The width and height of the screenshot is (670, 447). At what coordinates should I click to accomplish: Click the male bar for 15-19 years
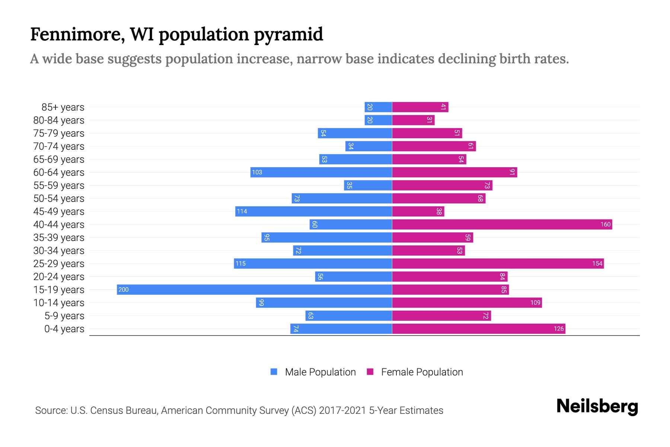(x=254, y=289)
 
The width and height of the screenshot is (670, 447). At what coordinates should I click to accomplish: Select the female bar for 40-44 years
(x=502, y=224)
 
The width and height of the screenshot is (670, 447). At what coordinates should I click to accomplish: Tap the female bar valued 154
(x=498, y=263)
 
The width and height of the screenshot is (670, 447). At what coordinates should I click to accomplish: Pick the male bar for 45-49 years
(x=313, y=211)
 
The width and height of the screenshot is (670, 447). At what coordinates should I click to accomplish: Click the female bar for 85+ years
(x=420, y=107)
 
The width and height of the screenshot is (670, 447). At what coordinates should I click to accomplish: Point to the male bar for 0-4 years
(x=341, y=329)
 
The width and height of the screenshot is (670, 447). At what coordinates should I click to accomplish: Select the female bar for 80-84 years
(x=413, y=120)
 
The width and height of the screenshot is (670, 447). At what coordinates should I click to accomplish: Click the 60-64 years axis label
(x=59, y=172)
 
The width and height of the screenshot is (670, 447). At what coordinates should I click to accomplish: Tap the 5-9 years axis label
(x=64, y=316)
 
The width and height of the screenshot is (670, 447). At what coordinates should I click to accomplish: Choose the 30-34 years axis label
(x=59, y=251)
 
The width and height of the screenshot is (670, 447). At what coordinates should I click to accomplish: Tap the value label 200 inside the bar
(x=124, y=289)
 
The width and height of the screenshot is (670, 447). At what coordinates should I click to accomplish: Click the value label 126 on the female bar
(x=558, y=329)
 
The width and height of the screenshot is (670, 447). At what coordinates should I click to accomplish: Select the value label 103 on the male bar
(x=257, y=172)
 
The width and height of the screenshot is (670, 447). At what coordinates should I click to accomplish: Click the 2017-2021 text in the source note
(x=342, y=410)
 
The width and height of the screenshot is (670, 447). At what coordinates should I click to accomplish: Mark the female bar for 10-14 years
(x=467, y=302)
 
